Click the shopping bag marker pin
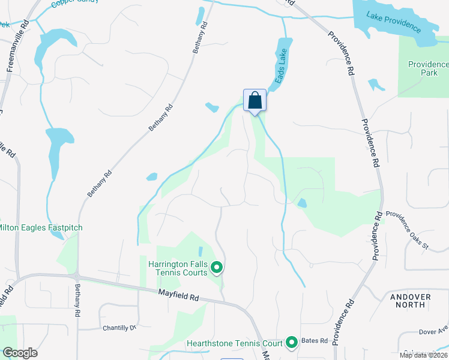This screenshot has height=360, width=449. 255,101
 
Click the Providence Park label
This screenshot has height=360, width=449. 428,68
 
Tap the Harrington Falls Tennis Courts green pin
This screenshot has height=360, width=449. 217,268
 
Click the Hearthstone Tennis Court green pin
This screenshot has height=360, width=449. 292,343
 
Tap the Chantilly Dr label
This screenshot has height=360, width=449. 120,328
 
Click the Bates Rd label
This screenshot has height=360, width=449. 315,341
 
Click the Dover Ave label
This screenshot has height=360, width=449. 434,331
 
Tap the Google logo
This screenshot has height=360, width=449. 20,352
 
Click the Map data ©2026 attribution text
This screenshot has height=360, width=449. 423,355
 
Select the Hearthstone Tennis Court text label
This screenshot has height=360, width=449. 234,344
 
